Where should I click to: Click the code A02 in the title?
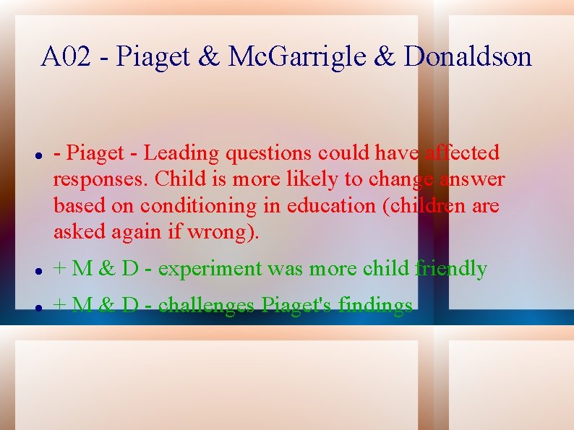coord(67,56)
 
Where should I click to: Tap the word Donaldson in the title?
coord(468,56)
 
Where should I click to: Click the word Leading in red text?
coord(181,153)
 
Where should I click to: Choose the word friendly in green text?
coord(451,269)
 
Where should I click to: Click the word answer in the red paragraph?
coord(471,179)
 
